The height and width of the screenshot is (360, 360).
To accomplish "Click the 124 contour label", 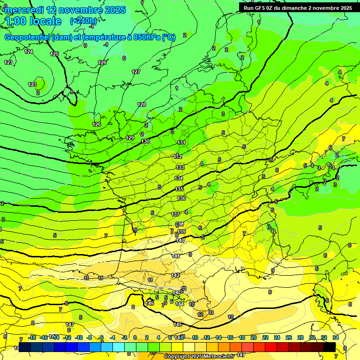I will [29, 52].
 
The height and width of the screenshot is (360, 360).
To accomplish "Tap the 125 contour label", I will [54, 54].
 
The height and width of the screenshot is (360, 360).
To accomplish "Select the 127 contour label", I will [136, 72].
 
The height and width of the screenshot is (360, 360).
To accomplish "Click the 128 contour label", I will [142, 104].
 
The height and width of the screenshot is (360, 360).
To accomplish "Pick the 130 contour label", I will [145, 141].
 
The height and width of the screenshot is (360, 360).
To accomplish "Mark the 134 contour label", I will [179, 178].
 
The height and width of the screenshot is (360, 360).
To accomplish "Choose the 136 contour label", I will [181, 198].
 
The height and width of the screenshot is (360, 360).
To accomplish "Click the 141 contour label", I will [176, 256].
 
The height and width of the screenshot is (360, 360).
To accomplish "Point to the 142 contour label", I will [175, 275].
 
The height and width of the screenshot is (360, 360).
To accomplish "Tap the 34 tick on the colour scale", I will [336, 337].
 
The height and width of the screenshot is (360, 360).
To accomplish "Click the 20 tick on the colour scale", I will [254, 337].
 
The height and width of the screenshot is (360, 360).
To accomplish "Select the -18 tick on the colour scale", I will [32, 337].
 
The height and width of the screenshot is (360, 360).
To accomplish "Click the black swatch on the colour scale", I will [330, 347].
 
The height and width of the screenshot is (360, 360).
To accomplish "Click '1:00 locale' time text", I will [33, 21].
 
